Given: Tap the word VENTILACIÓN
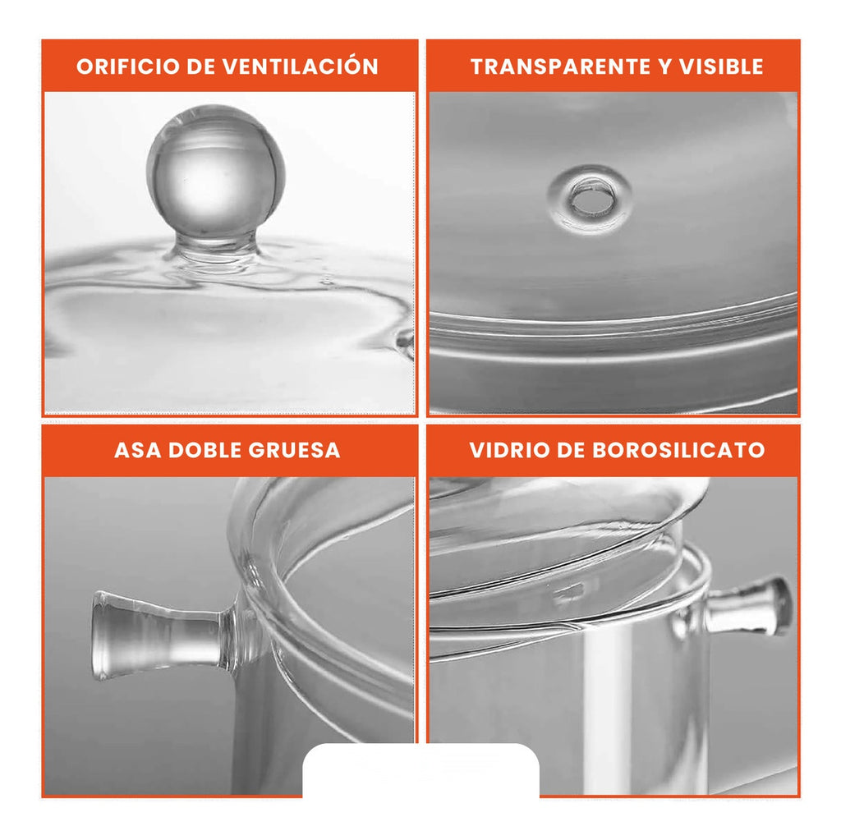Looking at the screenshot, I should pos(301,67).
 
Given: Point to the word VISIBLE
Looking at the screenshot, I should pos(721,67).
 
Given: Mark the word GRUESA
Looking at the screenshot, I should pos(291,450).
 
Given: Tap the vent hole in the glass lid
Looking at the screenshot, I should pos(591,199).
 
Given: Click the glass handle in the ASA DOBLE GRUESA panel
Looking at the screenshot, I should pos(160,634).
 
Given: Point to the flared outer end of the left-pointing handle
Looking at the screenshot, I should pos(103,635).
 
